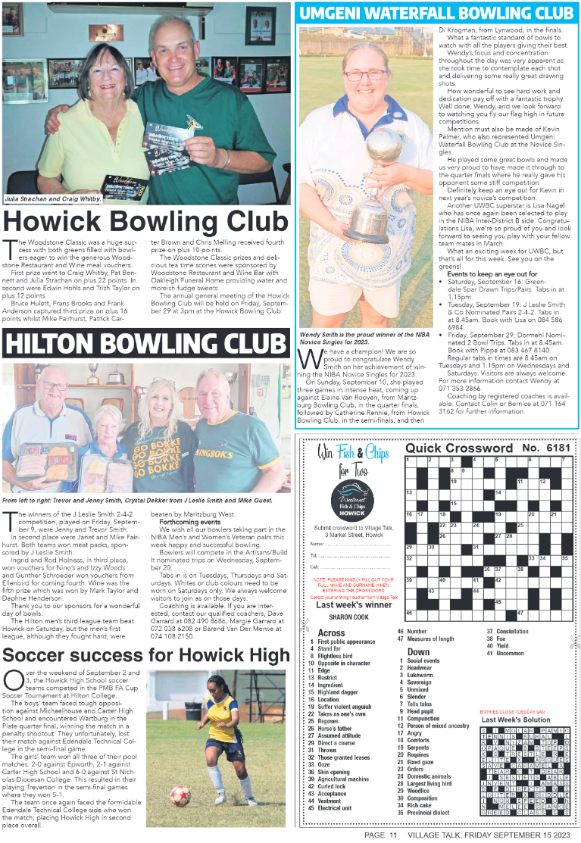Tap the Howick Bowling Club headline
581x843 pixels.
click(x=146, y=222)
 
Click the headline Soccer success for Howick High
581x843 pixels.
click(x=146, y=654)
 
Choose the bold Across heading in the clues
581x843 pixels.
click(x=330, y=632)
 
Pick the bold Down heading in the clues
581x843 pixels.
click(x=418, y=651)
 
